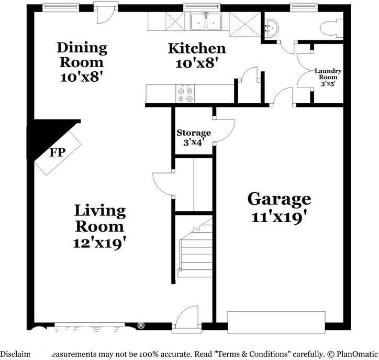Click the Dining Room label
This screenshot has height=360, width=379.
82,55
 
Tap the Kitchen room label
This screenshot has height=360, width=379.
197,49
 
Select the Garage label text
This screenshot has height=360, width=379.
279,199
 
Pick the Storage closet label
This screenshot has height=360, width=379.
193,133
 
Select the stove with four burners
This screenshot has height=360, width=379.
184,94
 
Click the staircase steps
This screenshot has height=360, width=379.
195,252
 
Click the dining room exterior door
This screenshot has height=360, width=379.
103,13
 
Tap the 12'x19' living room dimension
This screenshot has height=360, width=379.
100,243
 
